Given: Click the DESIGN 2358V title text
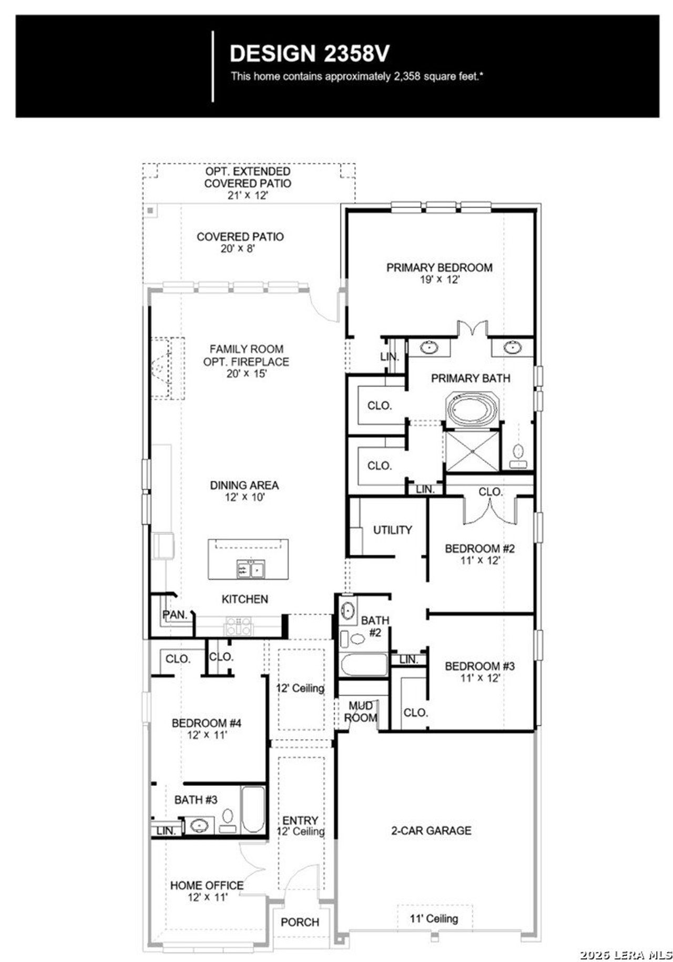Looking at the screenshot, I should click(x=310, y=54).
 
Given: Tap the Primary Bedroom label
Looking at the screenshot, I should click(x=439, y=267).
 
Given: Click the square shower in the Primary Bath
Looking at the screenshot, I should click(x=472, y=451).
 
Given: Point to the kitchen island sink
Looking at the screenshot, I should click(x=251, y=569).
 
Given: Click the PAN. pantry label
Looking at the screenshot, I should click(x=175, y=614).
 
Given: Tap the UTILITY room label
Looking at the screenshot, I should click(x=392, y=530).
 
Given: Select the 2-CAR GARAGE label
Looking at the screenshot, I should click(x=431, y=831).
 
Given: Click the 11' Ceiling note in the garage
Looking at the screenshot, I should click(x=434, y=918).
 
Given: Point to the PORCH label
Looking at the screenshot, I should click(x=300, y=922).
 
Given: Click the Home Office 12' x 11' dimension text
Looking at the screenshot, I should click(x=207, y=897).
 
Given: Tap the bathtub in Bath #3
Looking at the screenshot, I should click(x=253, y=810).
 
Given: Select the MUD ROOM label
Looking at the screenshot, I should click(x=361, y=711).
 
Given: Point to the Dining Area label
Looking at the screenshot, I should click(x=244, y=485).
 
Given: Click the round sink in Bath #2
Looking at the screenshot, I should click(x=348, y=610).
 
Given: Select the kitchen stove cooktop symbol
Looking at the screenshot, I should click(x=239, y=626).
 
